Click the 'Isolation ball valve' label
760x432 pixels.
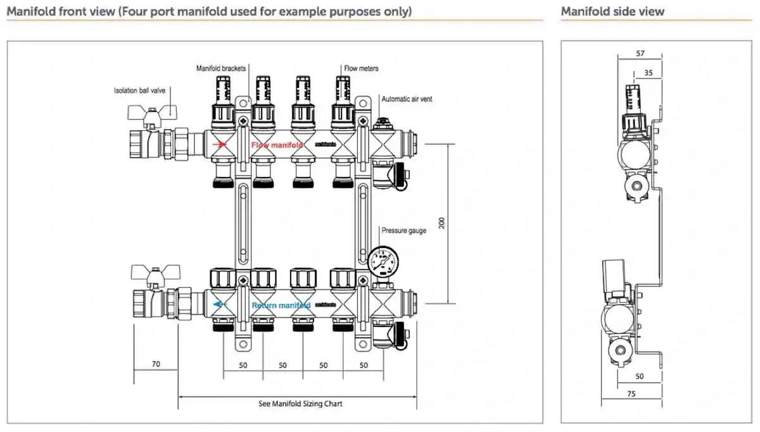tap(139, 90)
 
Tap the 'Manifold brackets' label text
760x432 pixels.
tap(221, 68)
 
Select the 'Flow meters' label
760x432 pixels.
tap(361, 68)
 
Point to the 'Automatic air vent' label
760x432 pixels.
tap(407, 99)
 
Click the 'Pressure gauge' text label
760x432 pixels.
tap(403, 231)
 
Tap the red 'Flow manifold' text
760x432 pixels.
tap(277, 145)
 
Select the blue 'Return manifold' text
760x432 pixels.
tap(281, 305)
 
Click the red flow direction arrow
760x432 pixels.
tap(220, 144)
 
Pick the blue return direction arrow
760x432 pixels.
tap(219, 305)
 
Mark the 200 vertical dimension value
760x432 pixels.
tap(442, 223)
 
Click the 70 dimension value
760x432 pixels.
tap(155, 365)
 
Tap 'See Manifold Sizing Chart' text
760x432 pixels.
tap(300, 404)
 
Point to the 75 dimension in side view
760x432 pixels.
tap(631, 393)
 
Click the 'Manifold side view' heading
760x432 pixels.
tap(612, 11)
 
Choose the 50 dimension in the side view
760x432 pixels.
tap(639, 376)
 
